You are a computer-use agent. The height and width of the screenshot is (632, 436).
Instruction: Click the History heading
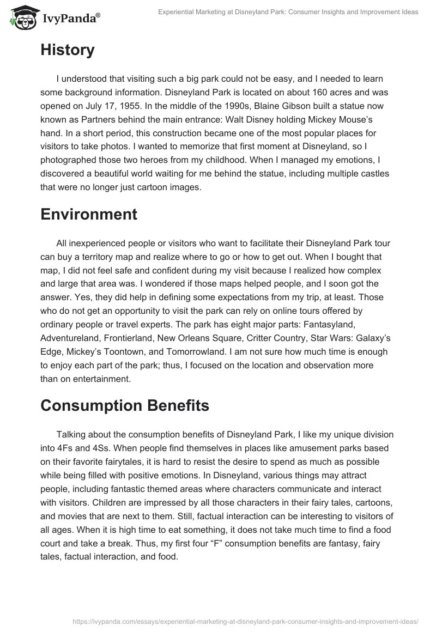click(x=68, y=50)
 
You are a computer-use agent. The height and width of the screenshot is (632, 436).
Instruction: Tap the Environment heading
click(x=89, y=214)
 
